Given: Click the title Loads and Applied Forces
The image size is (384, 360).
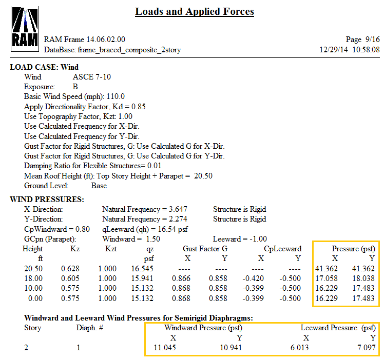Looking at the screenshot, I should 195,11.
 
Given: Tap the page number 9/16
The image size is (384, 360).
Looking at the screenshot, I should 370,39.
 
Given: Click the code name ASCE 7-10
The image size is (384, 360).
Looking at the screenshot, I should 92,77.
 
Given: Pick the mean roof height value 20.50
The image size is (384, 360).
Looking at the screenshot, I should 203,176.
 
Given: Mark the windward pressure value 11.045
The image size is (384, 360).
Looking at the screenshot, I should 165,348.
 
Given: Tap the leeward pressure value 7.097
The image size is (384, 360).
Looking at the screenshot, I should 365,348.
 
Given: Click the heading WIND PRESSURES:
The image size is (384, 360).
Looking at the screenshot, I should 47,199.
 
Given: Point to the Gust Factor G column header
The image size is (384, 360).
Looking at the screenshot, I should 205,249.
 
